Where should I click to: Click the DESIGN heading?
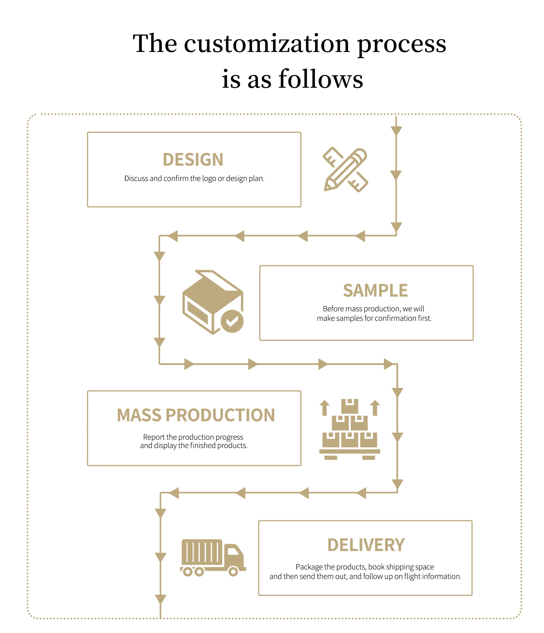tap(193, 160)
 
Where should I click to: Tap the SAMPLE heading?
tap(375, 290)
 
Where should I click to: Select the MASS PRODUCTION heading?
tap(196, 415)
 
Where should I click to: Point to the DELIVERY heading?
tap(365, 545)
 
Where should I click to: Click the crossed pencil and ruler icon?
tap(345, 169)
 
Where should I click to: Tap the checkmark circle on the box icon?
tap(232, 321)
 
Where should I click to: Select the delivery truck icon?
tap(213, 558)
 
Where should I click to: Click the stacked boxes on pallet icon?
tap(349, 429)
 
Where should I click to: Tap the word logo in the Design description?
tap(209, 179)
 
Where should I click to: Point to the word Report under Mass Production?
tap(154, 437)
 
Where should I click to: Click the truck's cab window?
tap(233, 551)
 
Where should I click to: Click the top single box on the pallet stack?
tap(349, 406)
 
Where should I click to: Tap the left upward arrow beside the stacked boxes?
tap(324, 408)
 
